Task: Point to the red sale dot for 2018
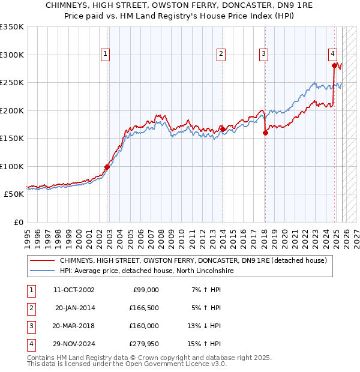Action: (265, 133)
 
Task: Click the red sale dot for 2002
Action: (107, 167)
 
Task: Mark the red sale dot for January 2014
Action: (223, 129)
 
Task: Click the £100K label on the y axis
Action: (12, 166)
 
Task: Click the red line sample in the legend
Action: (42, 261)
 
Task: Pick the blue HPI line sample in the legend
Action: (42, 271)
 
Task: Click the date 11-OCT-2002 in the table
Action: (74, 290)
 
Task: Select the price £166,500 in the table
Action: (143, 308)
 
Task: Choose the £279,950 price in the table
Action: (143, 344)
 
